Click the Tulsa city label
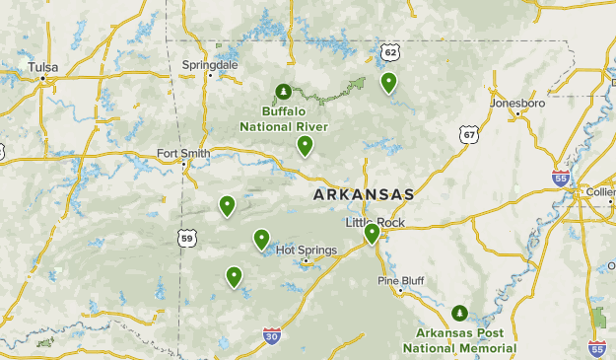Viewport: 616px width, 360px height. click(x=43, y=67)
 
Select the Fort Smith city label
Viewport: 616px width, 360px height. click(x=183, y=153)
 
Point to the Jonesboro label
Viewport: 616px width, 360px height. click(x=517, y=102)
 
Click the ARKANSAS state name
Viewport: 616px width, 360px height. click(x=364, y=194)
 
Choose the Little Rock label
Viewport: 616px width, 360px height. click(x=375, y=222)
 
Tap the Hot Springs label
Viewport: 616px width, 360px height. click(x=307, y=250)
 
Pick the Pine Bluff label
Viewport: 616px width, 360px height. click(x=401, y=281)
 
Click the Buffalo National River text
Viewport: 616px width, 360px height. click(x=284, y=119)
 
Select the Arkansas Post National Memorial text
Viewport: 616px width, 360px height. click(x=459, y=340)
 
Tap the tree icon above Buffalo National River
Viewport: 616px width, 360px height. click(x=284, y=92)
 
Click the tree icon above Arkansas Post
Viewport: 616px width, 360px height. click(x=459, y=314)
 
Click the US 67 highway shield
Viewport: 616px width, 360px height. click(x=468, y=133)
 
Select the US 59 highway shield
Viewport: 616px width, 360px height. click(x=187, y=237)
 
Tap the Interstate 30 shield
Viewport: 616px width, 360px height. click(x=272, y=336)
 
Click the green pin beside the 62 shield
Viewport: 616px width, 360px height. click(x=389, y=83)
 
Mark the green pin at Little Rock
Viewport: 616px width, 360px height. click(x=372, y=234)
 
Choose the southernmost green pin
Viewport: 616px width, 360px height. click(x=234, y=277)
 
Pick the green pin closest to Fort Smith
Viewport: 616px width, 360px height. click(x=227, y=205)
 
